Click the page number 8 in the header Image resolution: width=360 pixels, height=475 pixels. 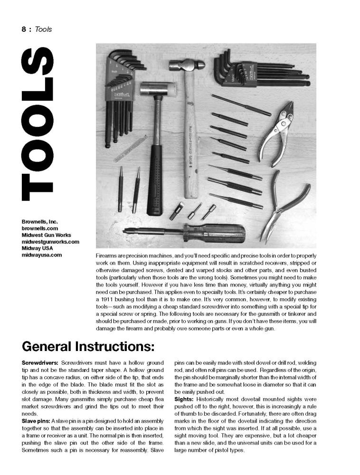point(24,29)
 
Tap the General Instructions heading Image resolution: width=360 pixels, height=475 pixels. point(88,346)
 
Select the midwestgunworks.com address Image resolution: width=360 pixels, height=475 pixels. point(50,241)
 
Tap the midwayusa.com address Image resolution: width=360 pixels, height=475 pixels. point(42,255)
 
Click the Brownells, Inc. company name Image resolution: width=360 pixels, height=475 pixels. point(39,221)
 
